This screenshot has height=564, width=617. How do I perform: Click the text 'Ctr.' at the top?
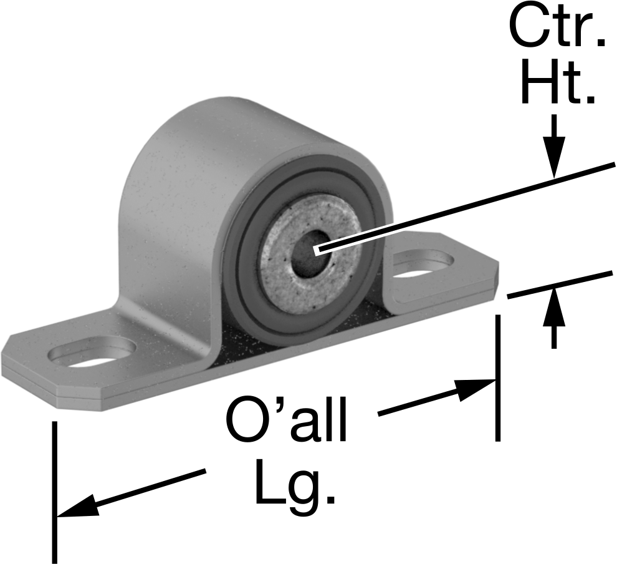coord(557,28)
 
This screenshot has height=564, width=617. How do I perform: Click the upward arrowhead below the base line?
coord(554,307)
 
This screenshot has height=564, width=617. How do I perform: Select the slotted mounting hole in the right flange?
coord(423,265)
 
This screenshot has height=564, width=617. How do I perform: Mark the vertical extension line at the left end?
coord(55,492)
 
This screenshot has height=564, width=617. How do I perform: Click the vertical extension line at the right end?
coord(498,378)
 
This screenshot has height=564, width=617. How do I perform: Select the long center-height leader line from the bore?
coord(466,207)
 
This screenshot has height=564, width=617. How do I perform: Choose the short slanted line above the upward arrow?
coord(560,284)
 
